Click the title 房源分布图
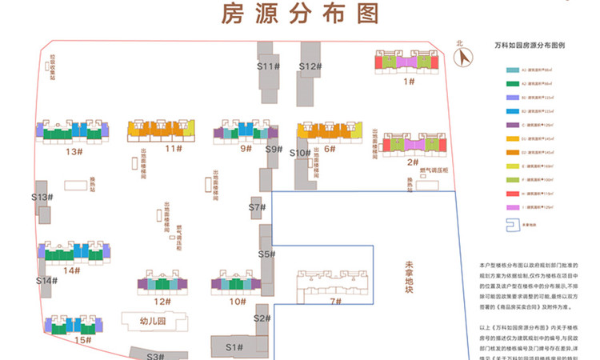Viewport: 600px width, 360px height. click(x=299, y=14)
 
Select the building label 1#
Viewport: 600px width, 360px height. click(x=409, y=81)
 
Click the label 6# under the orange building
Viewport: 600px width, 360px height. click(x=329, y=149)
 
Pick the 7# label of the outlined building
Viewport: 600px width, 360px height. click(x=335, y=301)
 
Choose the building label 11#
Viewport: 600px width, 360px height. click(x=169, y=149)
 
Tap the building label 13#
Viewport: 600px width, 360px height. click(x=74, y=151)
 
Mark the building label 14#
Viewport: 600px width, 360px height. click(x=73, y=270)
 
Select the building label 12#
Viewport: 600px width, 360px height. click(x=163, y=302)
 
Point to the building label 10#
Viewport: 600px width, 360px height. click(x=237, y=302)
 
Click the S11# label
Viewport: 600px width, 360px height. click(x=268, y=66)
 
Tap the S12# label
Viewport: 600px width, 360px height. click(x=310, y=66)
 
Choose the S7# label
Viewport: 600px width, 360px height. click(x=256, y=207)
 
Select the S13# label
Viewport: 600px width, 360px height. click(x=42, y=197)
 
